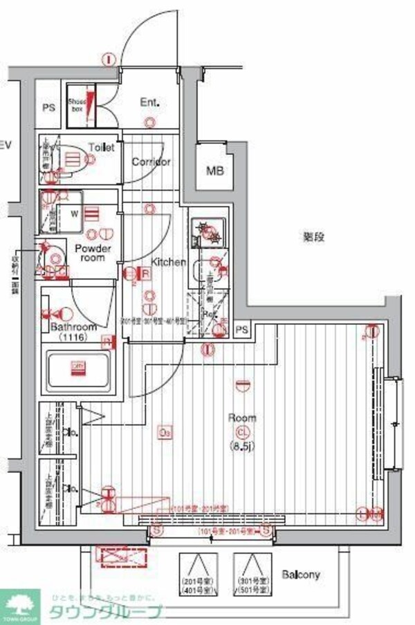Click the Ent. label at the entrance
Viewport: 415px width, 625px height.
click(x=150, y=102)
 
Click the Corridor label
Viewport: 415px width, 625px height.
click(x=151, y=162)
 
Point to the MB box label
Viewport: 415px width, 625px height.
click(x=214, y=170)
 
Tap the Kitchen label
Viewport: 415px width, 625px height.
click(x=169, y=262)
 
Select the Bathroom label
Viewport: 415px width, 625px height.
click(x=72, y=327)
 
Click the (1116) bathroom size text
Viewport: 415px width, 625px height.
click(x=72, y=337)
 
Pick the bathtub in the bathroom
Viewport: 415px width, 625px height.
click(x=77, y=371)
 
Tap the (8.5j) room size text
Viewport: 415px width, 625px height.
click(x=242, y=445)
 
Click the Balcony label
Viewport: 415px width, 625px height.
click(x=301, y=575)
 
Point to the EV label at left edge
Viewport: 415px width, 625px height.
click(x=6, y=145)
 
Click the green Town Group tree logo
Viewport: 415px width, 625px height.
click(x=19, y=607)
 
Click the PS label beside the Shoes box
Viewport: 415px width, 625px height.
click(x=48, y=108)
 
